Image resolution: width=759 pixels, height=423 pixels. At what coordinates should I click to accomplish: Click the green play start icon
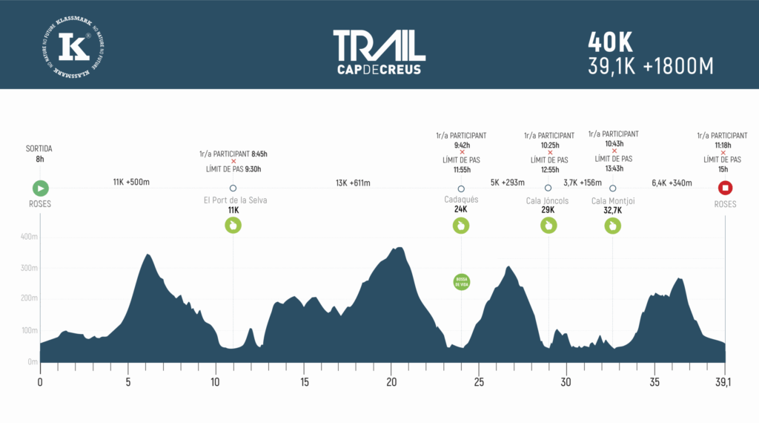click(x=41, y=188)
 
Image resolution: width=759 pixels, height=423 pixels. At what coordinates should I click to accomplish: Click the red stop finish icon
click(x=726, y=188)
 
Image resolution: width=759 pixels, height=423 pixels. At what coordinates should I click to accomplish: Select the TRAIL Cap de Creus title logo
click(x=379, y=52)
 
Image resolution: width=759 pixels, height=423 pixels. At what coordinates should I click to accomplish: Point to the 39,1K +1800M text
click(x=650, y=67)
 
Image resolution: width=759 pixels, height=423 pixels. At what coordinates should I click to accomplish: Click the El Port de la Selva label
click(x=235, y=200)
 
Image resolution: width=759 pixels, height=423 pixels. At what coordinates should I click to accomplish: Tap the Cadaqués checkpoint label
click(x=461, y=200)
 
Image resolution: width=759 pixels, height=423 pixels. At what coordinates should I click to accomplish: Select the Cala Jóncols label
click(x=548, y=200)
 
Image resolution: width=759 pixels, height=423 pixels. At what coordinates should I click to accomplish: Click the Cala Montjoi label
click(x=613, y=200)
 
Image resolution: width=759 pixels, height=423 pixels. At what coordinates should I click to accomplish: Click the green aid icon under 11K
click(x=233, y=226)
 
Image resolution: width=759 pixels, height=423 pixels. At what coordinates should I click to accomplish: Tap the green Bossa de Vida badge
click(x=461, y=282)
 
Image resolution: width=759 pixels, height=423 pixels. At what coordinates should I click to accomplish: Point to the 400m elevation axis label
click(x=28, y=237)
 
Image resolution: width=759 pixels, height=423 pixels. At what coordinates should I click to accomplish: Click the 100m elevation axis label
click(x=28, y=330)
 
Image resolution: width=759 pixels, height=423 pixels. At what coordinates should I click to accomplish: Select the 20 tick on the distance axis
click(x=391, y=383)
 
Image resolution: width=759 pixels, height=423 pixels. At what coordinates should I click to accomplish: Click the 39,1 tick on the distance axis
click(x=724, y=383)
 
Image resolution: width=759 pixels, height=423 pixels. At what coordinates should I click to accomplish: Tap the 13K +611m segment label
click(x=353, y=183)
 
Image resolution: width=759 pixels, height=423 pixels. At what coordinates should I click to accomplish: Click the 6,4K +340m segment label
click(x=672, y=183)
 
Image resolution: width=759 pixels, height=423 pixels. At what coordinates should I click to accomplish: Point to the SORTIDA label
click(x=39, y=148)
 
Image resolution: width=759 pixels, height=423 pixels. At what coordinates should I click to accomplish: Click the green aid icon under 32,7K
click(x=612, y=226)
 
